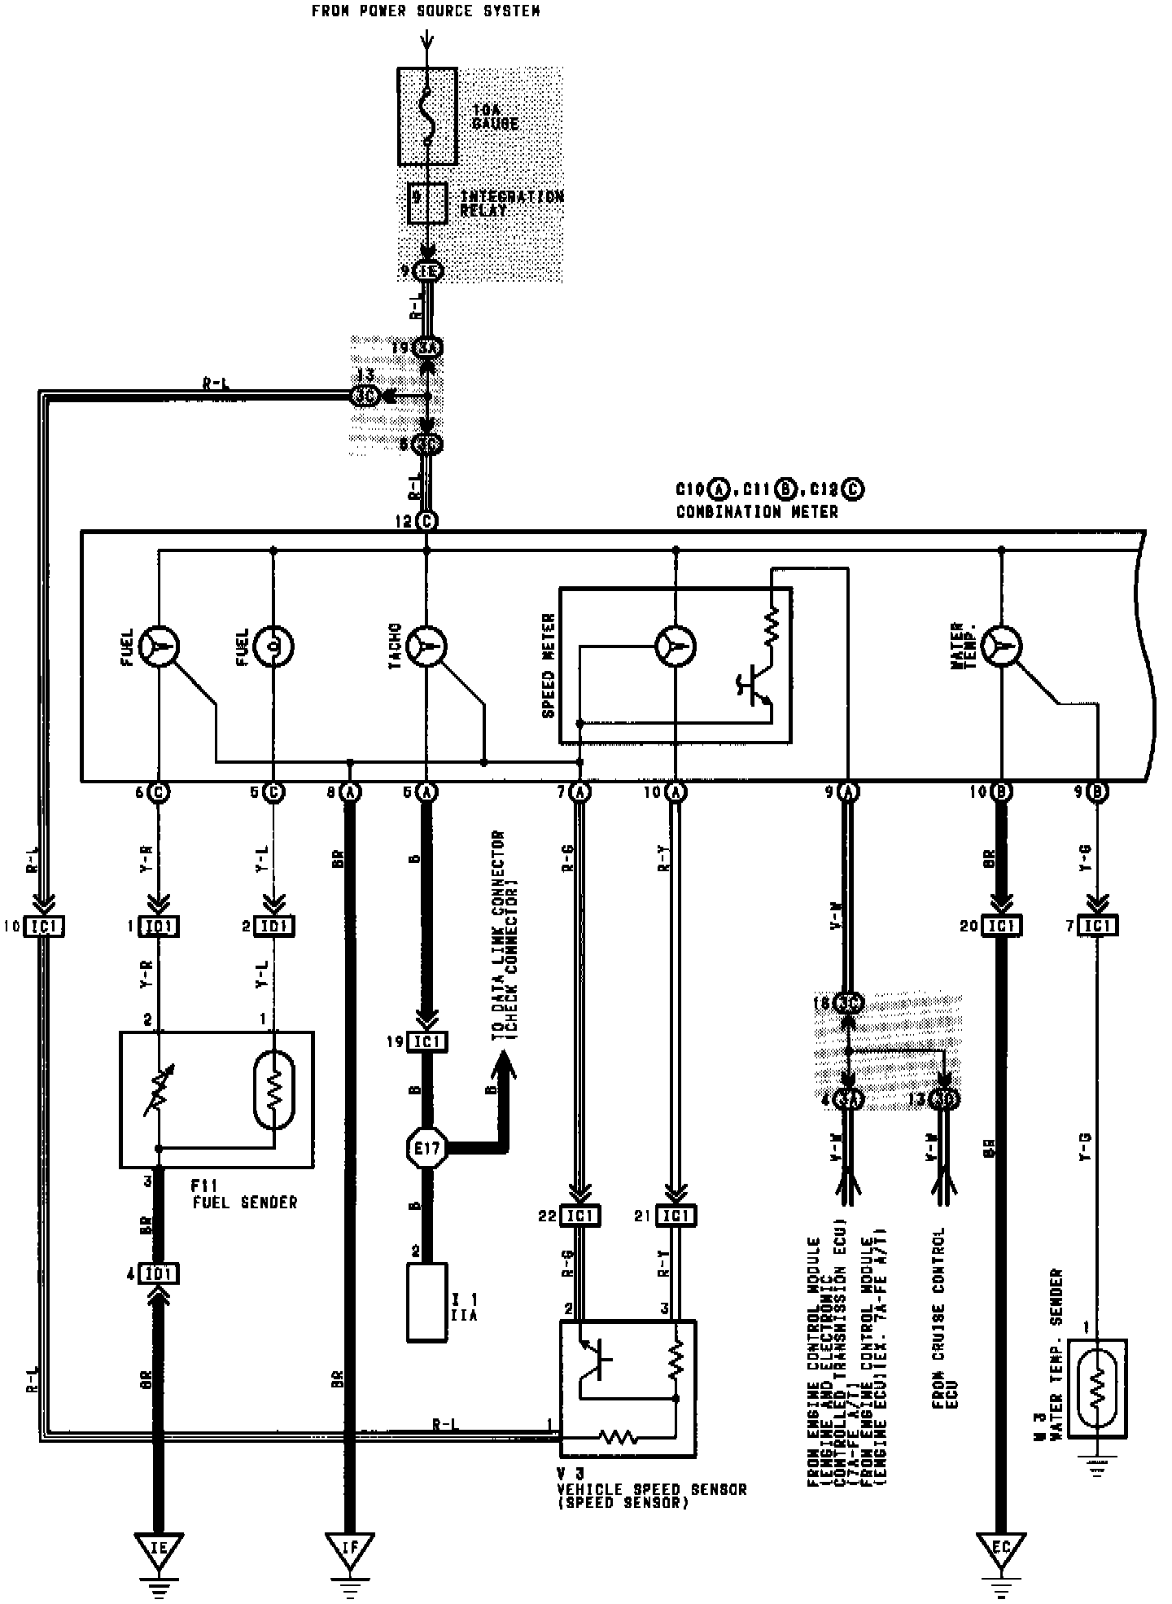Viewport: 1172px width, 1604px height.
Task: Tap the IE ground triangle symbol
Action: click(x=159, y=1553)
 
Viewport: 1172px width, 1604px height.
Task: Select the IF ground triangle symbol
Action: click(x=350, y=1553)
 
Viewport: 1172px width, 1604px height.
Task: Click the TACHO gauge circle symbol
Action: click(x=427, y=646)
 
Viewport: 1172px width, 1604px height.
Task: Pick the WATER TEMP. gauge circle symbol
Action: click(x=1002, y=646)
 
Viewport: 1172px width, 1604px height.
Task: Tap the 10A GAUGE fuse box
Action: click(x=427, y=116)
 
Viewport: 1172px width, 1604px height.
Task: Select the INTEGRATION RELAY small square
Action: click(x=426, y=203)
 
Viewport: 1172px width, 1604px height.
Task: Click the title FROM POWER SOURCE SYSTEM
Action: click(x=426, y=11)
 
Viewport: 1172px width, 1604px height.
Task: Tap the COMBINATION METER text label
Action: click(x=756, y=512)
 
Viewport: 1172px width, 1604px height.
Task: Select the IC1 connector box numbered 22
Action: click(x=581, y=1216)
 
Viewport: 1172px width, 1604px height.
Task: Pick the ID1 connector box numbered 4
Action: click(x=159, y=1273)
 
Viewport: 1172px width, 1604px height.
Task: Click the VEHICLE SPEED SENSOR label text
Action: click(x=651, y=1489)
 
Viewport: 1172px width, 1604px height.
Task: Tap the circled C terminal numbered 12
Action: click(x=426, y=521)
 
